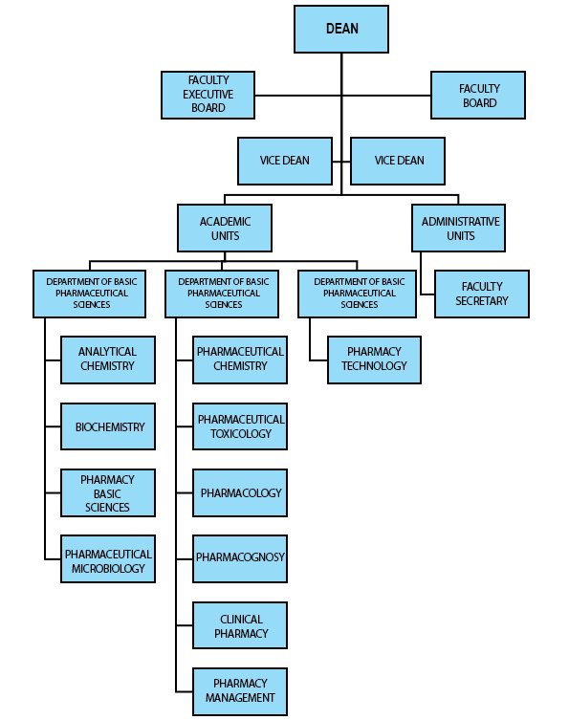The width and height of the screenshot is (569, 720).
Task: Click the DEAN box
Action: pos(341,29)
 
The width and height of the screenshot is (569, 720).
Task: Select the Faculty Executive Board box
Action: pos(208,95)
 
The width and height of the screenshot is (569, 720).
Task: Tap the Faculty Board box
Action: pos(478,95)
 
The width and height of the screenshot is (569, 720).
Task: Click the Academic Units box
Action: pos(225,229)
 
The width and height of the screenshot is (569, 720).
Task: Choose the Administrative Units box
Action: pos(459,229)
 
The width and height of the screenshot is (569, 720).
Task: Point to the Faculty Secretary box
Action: pos(482,294)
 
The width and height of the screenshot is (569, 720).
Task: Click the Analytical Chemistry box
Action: pos(108,360)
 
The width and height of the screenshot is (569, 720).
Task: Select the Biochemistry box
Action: pos(108,426)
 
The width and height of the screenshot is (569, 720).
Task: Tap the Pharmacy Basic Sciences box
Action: pos(108,492)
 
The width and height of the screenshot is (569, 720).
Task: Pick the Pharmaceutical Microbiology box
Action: pos(108,558)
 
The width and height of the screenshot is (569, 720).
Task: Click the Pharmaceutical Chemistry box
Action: pos(240,360)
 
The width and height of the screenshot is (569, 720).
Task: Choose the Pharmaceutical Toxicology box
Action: pos(240,426)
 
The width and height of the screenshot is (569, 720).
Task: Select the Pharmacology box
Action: pos(240,492)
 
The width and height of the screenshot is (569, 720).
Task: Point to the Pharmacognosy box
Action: pos(240,558)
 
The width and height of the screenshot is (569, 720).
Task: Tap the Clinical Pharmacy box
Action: pos(240,625)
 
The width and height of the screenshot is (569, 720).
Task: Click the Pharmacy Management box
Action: pos(240,691)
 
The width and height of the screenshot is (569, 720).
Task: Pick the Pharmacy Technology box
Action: pos(374,360)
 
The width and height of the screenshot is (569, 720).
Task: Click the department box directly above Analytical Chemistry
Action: pos(90,294)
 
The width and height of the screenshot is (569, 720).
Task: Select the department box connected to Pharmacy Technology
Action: pos(358,294)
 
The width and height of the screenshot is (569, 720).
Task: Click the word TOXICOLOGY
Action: pos(241,434)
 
